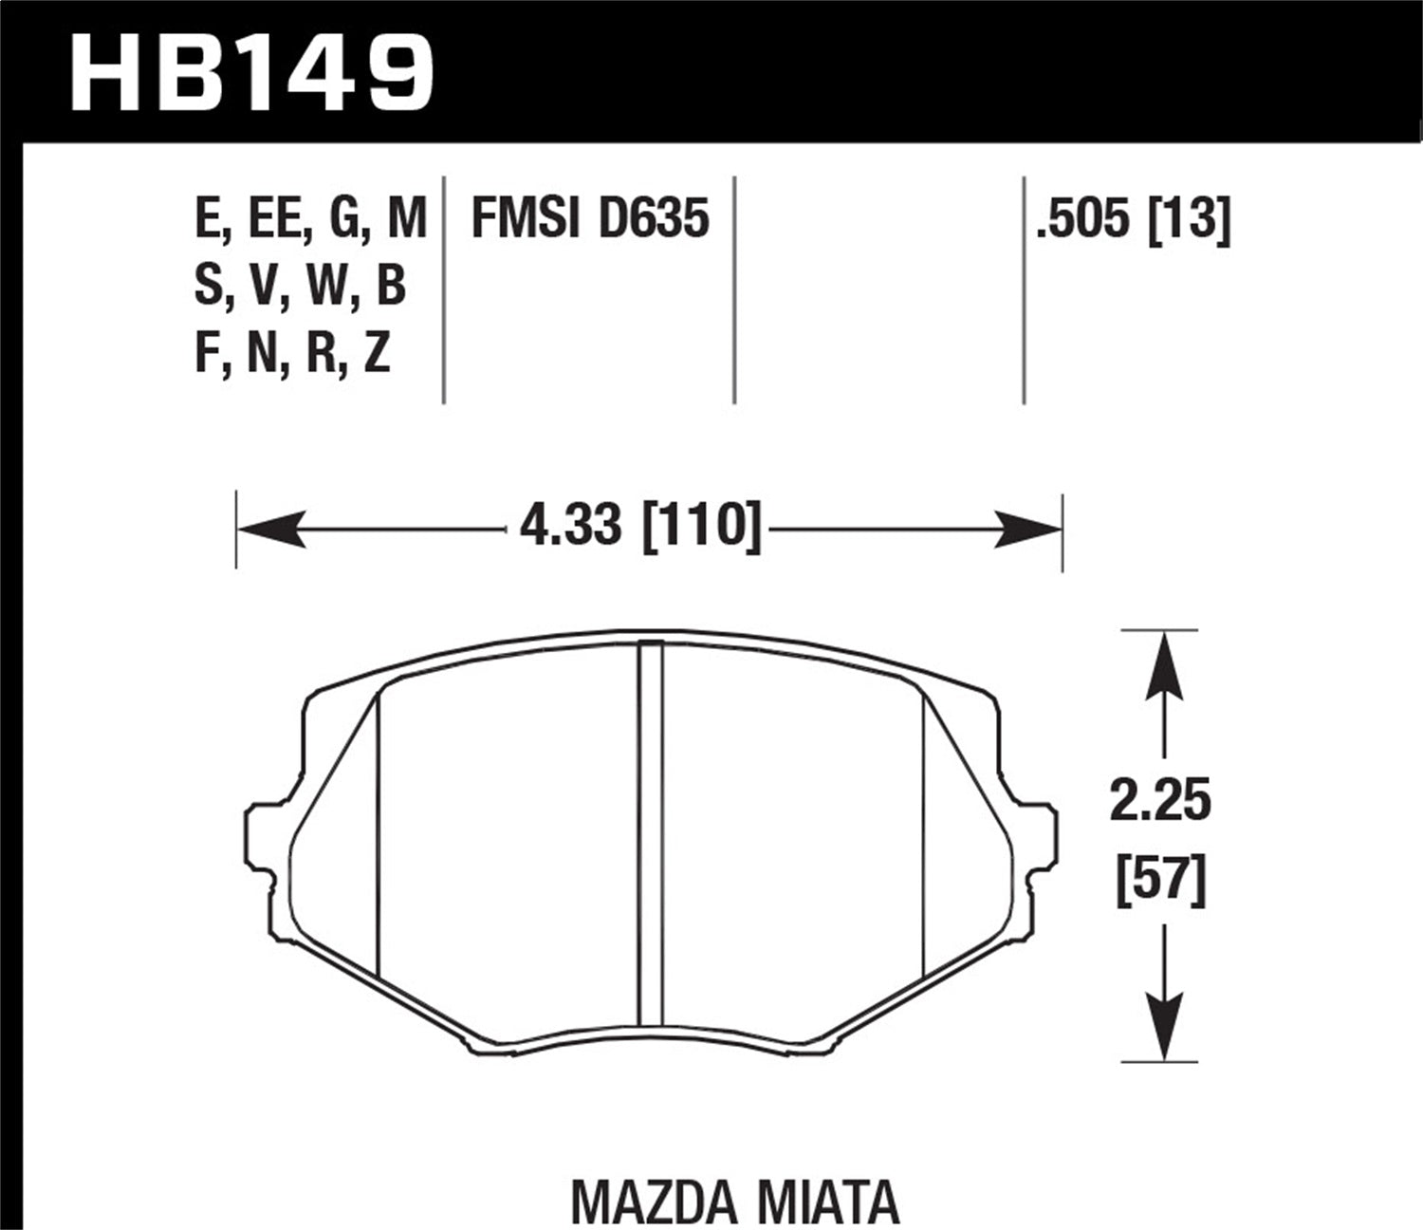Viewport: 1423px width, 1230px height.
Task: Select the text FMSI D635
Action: click(589, 219)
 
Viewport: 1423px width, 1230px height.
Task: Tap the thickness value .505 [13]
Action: click(1133, 219)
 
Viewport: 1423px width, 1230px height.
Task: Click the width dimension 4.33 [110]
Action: click(640, 527)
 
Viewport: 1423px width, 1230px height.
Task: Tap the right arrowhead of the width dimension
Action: click(1026, 529)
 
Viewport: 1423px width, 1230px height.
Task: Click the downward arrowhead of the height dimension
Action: click(1164, 1025)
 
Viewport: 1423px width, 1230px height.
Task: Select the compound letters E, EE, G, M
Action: click(310, 219)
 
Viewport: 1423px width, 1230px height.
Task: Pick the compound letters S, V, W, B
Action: click(300, 286)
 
